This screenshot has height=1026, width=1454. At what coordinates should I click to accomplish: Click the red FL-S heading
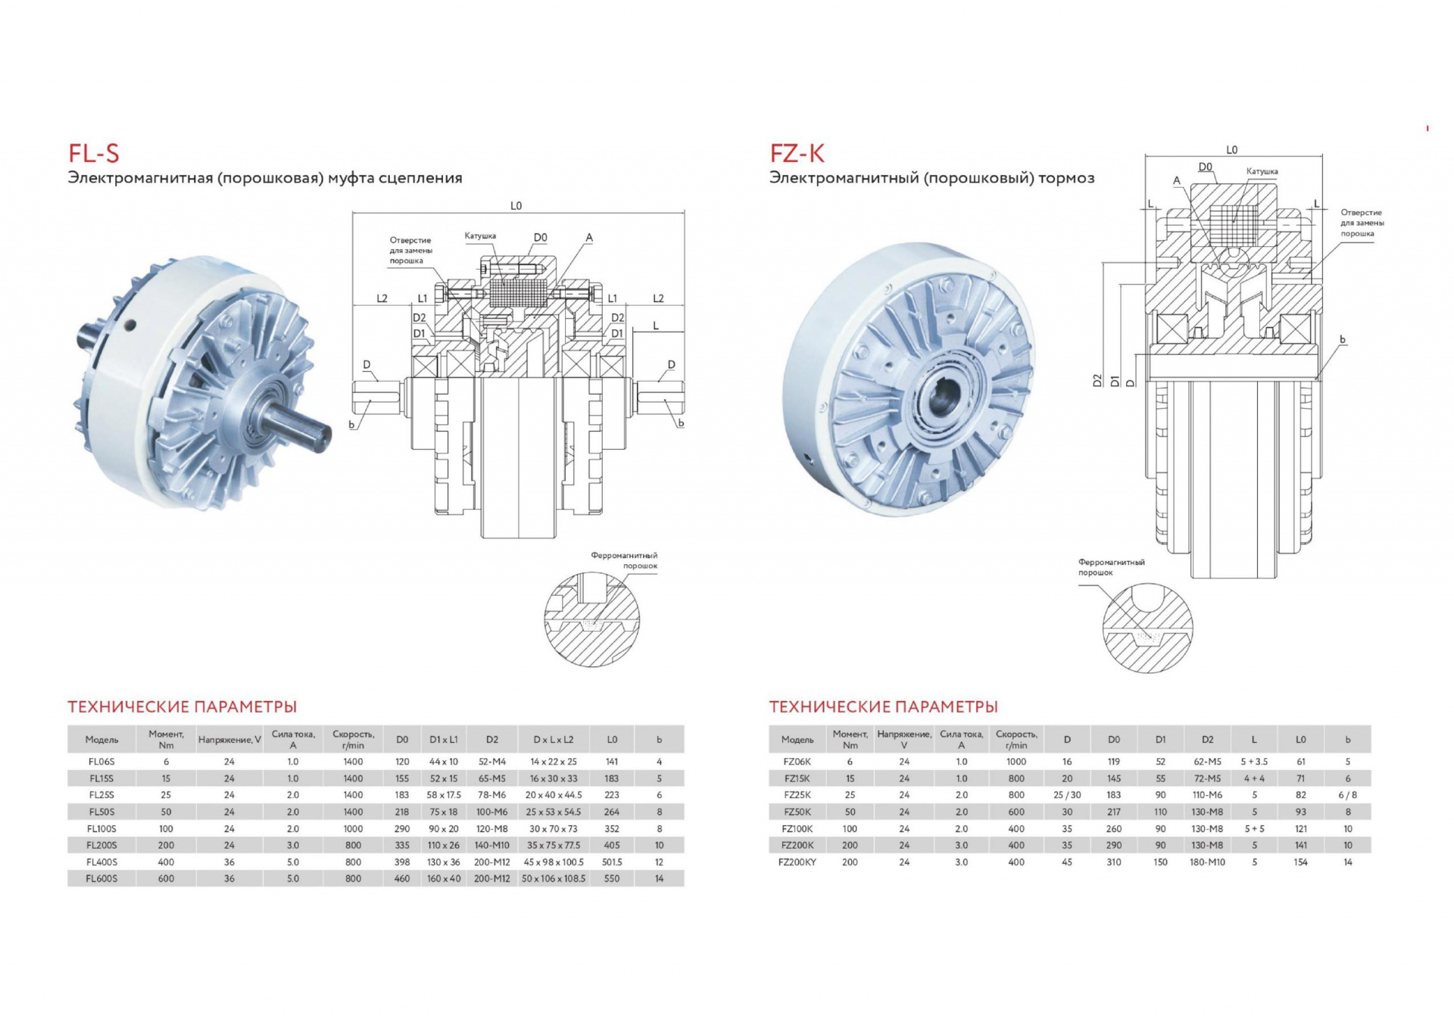point(94,154)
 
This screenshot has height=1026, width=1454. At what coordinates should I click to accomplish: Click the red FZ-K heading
point(797,154)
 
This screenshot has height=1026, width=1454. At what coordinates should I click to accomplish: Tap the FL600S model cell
point(101,878)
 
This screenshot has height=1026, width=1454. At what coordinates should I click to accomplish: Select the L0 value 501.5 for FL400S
point(612,862)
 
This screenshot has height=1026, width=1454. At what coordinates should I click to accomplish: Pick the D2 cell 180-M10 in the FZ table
point(1207,862)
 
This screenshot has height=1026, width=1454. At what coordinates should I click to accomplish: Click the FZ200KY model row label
point(797,862)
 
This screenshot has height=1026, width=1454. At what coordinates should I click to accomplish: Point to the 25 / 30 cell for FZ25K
point(1067,795)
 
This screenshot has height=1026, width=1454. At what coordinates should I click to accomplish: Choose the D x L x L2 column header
point(554,739)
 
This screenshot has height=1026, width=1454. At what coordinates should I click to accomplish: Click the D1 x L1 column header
point(444,739)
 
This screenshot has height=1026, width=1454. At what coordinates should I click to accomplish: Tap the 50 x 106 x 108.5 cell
point(554,878)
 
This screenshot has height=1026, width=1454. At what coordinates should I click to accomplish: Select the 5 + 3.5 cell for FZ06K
point(1254,762)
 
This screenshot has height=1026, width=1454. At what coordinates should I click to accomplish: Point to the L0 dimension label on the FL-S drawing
point(516,206)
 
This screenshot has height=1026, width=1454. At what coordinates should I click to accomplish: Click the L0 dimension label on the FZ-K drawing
point(1232,150)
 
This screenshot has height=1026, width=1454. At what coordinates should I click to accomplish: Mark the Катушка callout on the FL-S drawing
point(480,236)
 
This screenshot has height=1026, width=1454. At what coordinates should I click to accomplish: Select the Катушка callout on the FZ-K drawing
point(1262,172)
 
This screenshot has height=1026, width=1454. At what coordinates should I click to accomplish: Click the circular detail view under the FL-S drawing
point(591,619)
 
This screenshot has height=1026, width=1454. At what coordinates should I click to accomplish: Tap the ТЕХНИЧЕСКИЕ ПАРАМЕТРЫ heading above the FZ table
point(883,706)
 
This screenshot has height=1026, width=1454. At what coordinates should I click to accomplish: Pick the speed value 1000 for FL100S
point(353,828)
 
